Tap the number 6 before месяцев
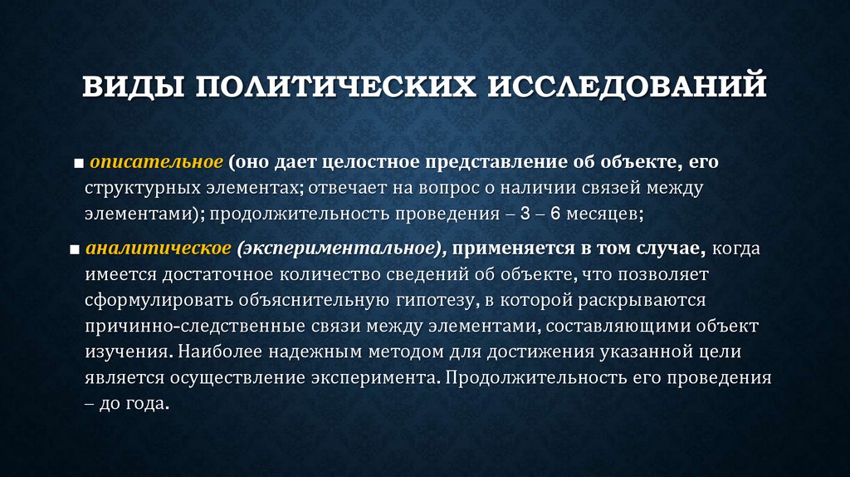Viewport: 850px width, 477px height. click(x=556, y=214)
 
